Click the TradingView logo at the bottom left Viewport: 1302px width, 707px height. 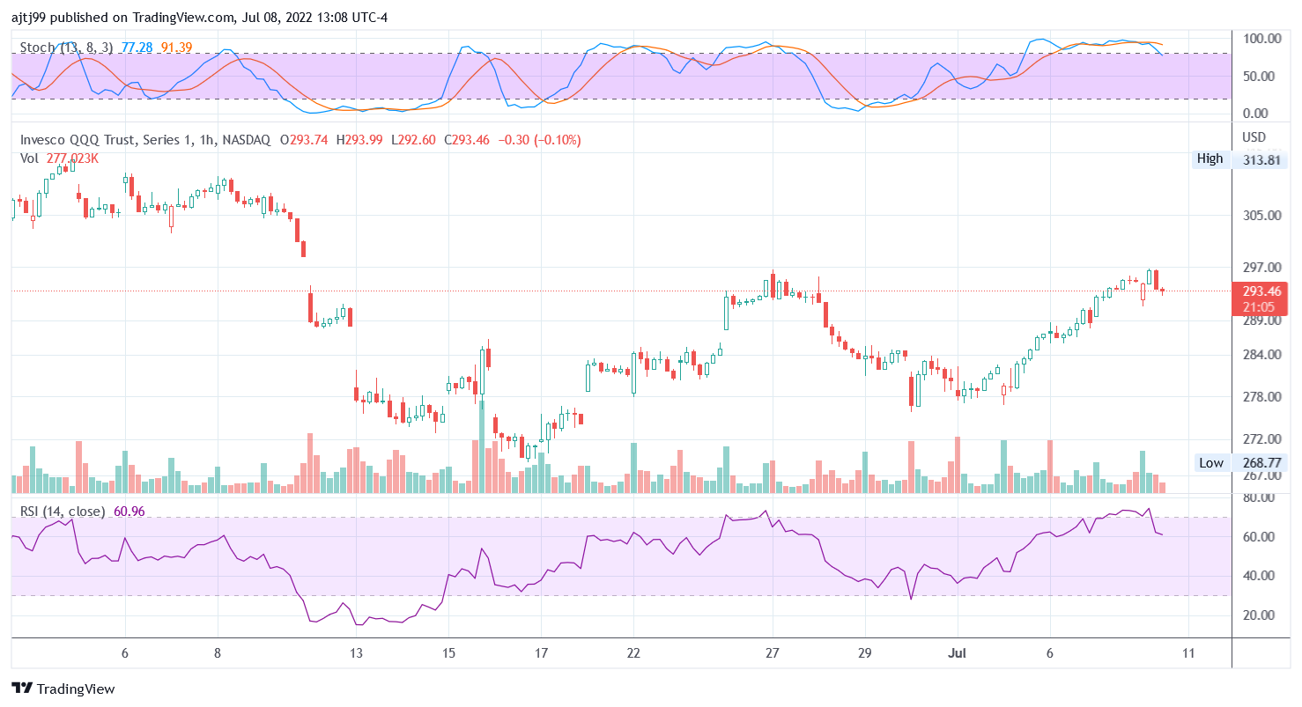click(x=63, y=689)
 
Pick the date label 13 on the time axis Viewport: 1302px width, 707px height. click(x=356, y=653)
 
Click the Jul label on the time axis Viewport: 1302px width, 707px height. click(x=958, y=653)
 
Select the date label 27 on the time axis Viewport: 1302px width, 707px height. click(x=773, y=653)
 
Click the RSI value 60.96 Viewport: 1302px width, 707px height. click(x=129, y=512)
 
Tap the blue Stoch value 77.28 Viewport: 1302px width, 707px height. click(x=137, y=47)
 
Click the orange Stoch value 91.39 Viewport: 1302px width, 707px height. click(x=176, y=47)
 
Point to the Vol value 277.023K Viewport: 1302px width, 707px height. click(x=72, y=158)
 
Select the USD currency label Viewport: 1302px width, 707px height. click(x=1254, y=137)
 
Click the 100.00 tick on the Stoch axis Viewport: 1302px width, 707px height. click(x=1262, y=40)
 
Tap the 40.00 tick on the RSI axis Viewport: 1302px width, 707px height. click(x=1261, y=576)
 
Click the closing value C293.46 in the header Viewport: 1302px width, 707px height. click(x=465, y=140)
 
